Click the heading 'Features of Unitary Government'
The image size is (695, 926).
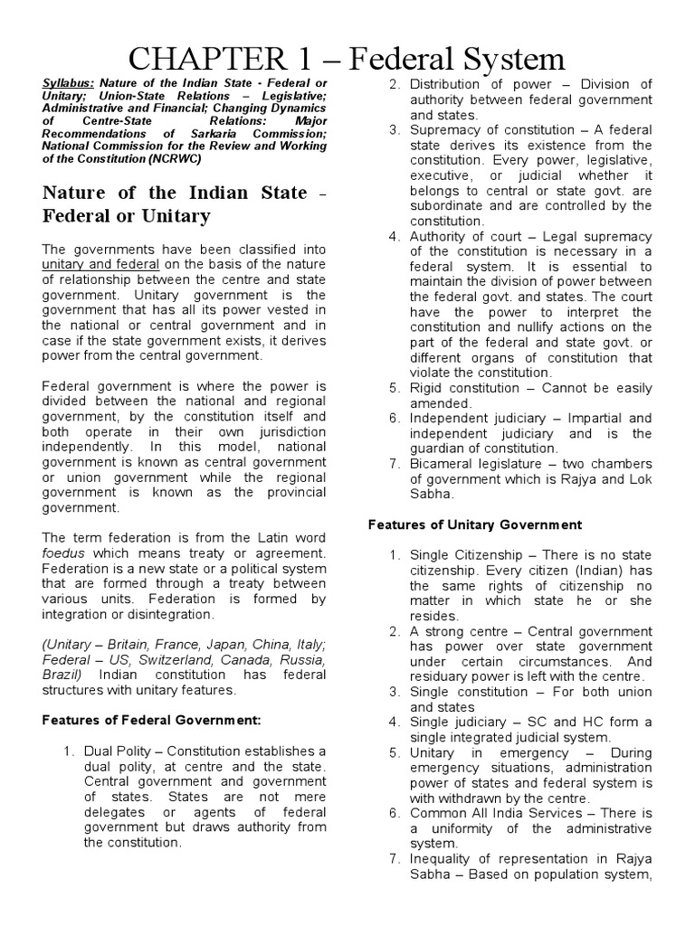point(475,524)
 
